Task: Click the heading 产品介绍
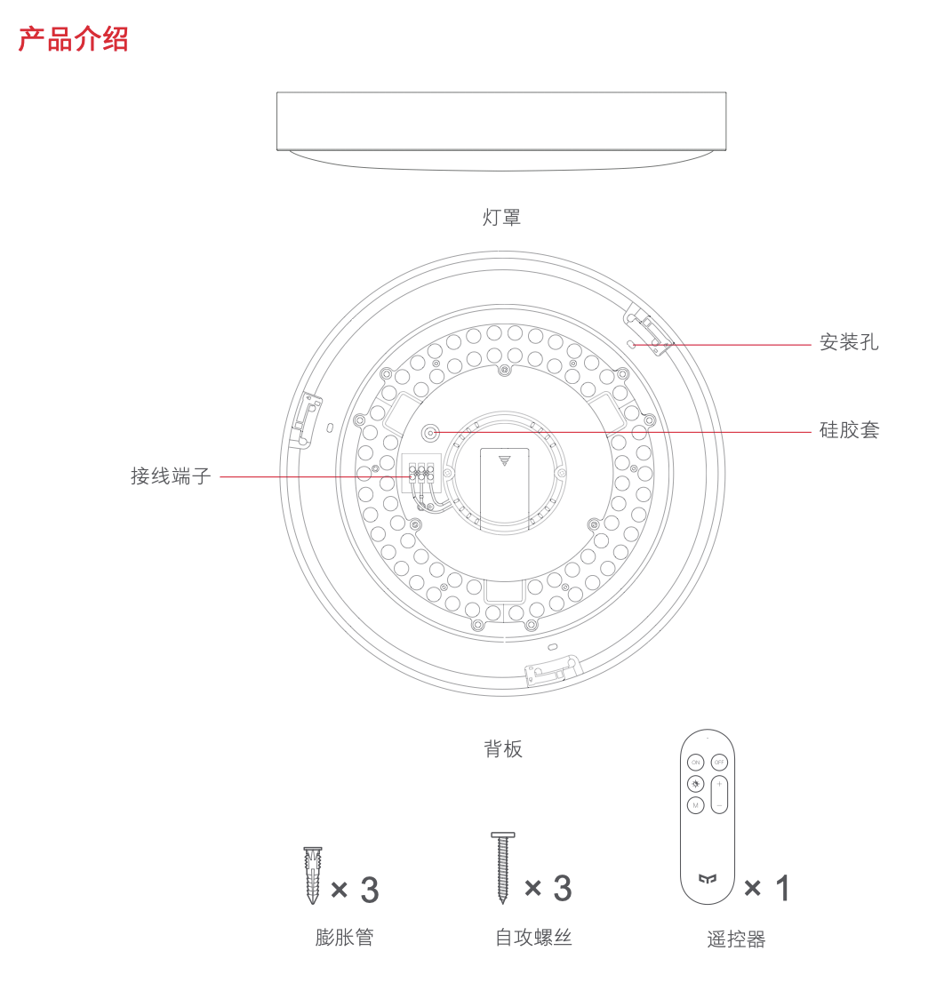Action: (74, 39)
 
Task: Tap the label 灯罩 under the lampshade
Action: (501, 217)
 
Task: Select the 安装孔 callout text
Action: (849, 342)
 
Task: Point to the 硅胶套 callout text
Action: (849, 430)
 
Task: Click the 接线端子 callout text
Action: (171, 476)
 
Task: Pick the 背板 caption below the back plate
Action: (503, 748)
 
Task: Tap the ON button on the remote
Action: (695, 763)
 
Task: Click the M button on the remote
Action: (695, 805)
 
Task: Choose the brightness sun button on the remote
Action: (695, 784)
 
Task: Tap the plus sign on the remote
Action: (719, 785)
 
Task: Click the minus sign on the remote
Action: (719, 804)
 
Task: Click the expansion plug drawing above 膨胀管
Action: (313, 875)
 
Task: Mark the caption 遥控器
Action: (736, 939)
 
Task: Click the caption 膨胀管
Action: (344, 937)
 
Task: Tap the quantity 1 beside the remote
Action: (782, 887)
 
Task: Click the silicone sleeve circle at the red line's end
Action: (431, 433)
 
